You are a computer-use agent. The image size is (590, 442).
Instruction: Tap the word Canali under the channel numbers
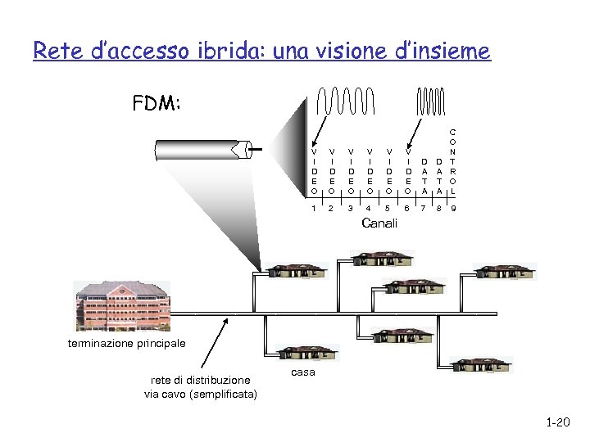(x=379, y=223)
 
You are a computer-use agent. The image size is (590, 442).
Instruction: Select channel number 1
(x=314, y=209)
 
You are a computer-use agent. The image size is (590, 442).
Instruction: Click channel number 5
(x=388, y=209)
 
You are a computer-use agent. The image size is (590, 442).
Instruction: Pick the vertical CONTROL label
(x=453, y=161)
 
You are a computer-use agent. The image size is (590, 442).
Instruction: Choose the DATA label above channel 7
(x=424, y=176)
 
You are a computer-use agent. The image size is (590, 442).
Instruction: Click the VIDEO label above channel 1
(x=314, y=170)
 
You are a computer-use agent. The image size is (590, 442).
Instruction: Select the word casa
(x=302, y=372)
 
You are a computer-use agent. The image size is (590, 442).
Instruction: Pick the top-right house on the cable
(x=504, y=271)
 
